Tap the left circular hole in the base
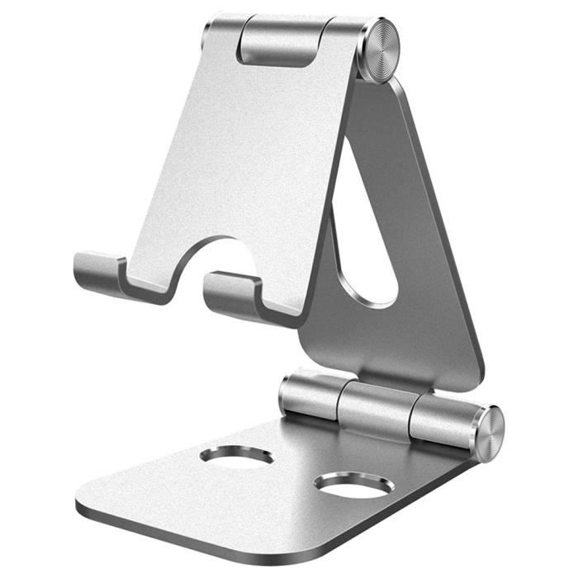[x=236, y=455]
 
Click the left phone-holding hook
[x=99, y=272]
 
